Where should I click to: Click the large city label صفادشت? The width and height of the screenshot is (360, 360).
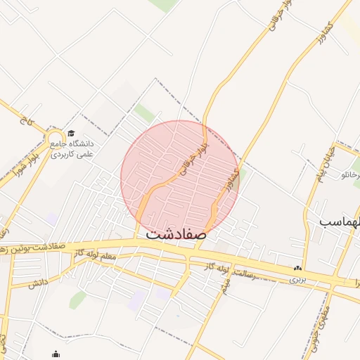point(176,234)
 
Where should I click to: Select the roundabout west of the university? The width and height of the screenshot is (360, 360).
point(56,136)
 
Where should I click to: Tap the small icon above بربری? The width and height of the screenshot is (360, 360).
point(298,268)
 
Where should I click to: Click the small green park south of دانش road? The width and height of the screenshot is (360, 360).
point(78,300)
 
